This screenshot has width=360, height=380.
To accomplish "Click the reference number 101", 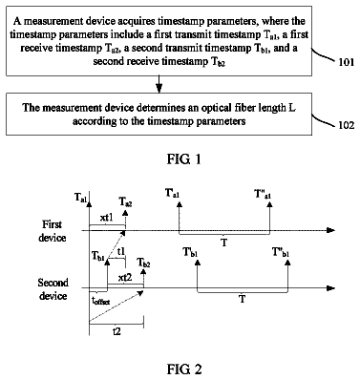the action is pyautogui.click(x=347, y=62).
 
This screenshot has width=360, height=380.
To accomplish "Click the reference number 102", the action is pyautogui.click(x=347, y=125).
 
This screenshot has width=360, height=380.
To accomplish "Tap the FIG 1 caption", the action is pyautogui.click(x=184, y=159).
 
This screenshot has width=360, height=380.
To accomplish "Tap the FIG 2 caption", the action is pyautogui.click(x=184, y=369).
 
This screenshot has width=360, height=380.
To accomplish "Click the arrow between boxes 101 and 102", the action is pyautogui.click(x=159, y=84).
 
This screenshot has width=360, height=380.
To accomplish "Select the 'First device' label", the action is pyautogui.click(x=53, y=231).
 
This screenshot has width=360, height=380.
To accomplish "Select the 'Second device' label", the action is pyautogui.click(x=53, y=289).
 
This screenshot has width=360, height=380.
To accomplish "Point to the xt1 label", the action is pyautogui.click(x=106, y=218).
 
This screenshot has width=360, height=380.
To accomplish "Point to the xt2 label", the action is pyautogui.click(x=125, y=278).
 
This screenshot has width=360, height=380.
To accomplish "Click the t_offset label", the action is pyautogui.click(x=101, y=300).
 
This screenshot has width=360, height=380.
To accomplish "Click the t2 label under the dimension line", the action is pyautogui.click(x=116, y=331).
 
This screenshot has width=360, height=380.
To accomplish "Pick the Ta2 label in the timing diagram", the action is pyautogui.click(x=125, y=201).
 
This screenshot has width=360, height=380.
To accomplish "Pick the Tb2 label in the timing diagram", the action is pyautogui.click(x=144, y=263).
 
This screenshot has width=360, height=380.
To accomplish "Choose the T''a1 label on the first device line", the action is pyautogui.click(x=263, y=194).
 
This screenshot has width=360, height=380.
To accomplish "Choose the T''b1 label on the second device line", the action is pyautogui.click(x=281, y=252).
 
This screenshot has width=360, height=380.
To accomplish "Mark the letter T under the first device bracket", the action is pyautogui.click(x=224, y=243).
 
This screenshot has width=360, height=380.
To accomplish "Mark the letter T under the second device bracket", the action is pyautogui.click(x=243, y=299).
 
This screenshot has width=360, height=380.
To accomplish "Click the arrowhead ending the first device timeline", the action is pyautogui.click(x=331, y=230).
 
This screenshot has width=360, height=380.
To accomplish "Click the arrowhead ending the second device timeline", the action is pyautogui.click(x=331, y=288).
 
